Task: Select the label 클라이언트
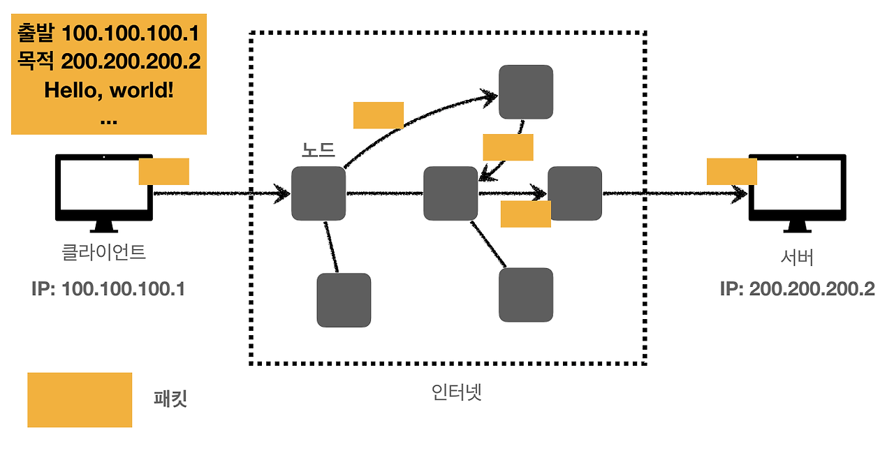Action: pos(104,252)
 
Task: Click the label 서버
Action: pos(797,258)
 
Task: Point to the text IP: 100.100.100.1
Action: pos(108,288)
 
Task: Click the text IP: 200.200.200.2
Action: pos(797,288)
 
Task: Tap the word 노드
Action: pos(318,150)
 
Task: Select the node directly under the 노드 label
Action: pos(318,193)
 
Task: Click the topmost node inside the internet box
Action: pos(526,92)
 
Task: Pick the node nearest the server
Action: pos(575,193)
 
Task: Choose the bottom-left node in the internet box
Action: pos(344,300)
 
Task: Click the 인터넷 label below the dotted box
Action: pos(457,392)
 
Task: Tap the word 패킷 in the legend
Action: pos(170,400)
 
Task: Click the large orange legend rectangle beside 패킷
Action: pos(80,399)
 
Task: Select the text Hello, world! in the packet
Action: pos(108,90)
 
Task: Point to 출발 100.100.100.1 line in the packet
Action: pos(108,33)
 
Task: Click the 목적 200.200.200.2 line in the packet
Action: pos(108,61)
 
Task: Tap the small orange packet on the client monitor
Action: pos(163,171)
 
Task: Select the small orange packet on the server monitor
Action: pos(731,171)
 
